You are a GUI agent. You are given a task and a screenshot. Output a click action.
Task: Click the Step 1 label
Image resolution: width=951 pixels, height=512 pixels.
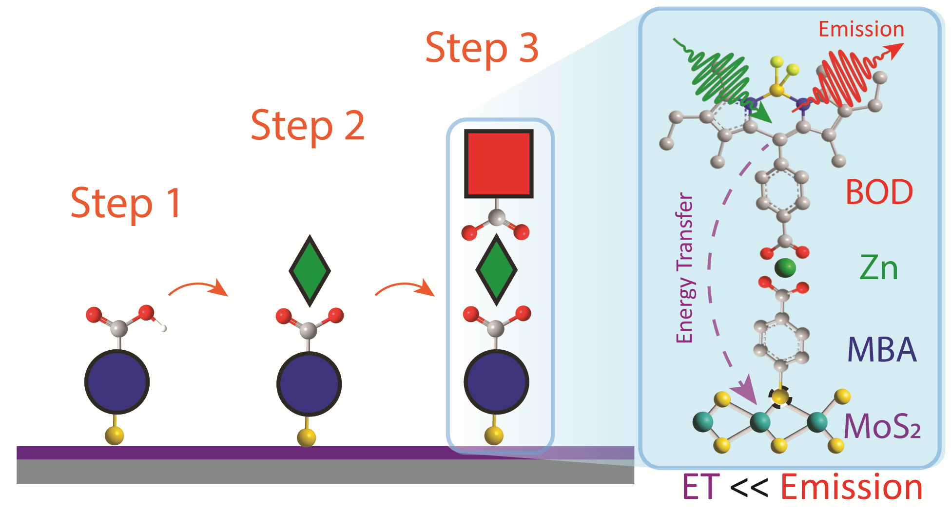tap(126, 203)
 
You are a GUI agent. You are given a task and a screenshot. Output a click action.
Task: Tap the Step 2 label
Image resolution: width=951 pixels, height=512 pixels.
tap(308, 126)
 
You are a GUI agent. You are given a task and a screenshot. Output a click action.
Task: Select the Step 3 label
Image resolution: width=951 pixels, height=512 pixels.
tap(482, 48)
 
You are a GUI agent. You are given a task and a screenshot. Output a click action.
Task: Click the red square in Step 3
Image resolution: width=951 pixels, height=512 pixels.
tap(498, 164)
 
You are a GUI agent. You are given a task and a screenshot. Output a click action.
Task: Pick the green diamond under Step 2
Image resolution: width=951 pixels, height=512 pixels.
tap(310, 271)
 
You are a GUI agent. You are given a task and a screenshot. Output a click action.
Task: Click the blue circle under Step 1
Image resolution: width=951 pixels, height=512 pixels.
tap(117, 382)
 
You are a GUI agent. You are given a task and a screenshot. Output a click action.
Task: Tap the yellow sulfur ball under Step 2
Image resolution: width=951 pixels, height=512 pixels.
tap(307, 437)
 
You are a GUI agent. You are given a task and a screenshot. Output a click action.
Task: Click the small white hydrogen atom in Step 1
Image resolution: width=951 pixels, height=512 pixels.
tap(163, 328)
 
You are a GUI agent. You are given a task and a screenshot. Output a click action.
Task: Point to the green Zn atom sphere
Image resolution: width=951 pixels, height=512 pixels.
tap(785, 267)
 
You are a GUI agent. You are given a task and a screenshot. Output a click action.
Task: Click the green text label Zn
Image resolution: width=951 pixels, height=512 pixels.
tap(878, 268)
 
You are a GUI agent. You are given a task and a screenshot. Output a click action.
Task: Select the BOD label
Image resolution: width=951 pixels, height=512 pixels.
tap(879, 192)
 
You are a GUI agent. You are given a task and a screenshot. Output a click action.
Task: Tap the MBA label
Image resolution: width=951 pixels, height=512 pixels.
tap(882, 350)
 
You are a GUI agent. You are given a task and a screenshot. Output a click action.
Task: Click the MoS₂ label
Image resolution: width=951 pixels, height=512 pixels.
tap(882, 427)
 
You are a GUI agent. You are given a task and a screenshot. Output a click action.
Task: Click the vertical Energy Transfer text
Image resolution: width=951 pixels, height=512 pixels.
tap(685, 268)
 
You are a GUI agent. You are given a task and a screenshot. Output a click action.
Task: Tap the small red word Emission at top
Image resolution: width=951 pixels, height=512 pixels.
tap(861, 29)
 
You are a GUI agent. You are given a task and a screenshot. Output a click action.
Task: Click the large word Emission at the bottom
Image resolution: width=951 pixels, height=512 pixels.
tap(852, 487)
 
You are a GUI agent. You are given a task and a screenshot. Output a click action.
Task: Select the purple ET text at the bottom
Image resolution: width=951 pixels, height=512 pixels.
tap(700, 487)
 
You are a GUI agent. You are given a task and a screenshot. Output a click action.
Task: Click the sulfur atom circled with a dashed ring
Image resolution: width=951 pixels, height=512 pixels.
tap(780, 396)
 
